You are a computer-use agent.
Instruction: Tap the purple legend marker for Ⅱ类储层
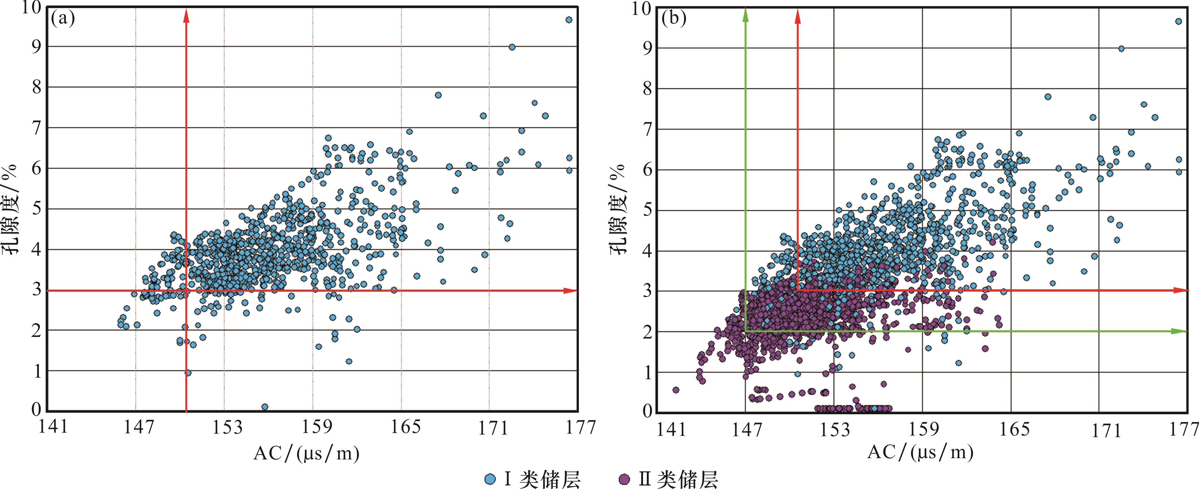point(625,479)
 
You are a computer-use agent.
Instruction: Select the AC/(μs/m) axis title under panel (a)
point(306,453)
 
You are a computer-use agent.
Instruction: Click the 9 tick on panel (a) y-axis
point(36,46)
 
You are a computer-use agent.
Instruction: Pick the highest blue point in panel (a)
point(568,19)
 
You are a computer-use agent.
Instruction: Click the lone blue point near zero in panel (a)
point(264,407)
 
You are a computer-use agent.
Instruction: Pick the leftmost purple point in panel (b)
point(676,390)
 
